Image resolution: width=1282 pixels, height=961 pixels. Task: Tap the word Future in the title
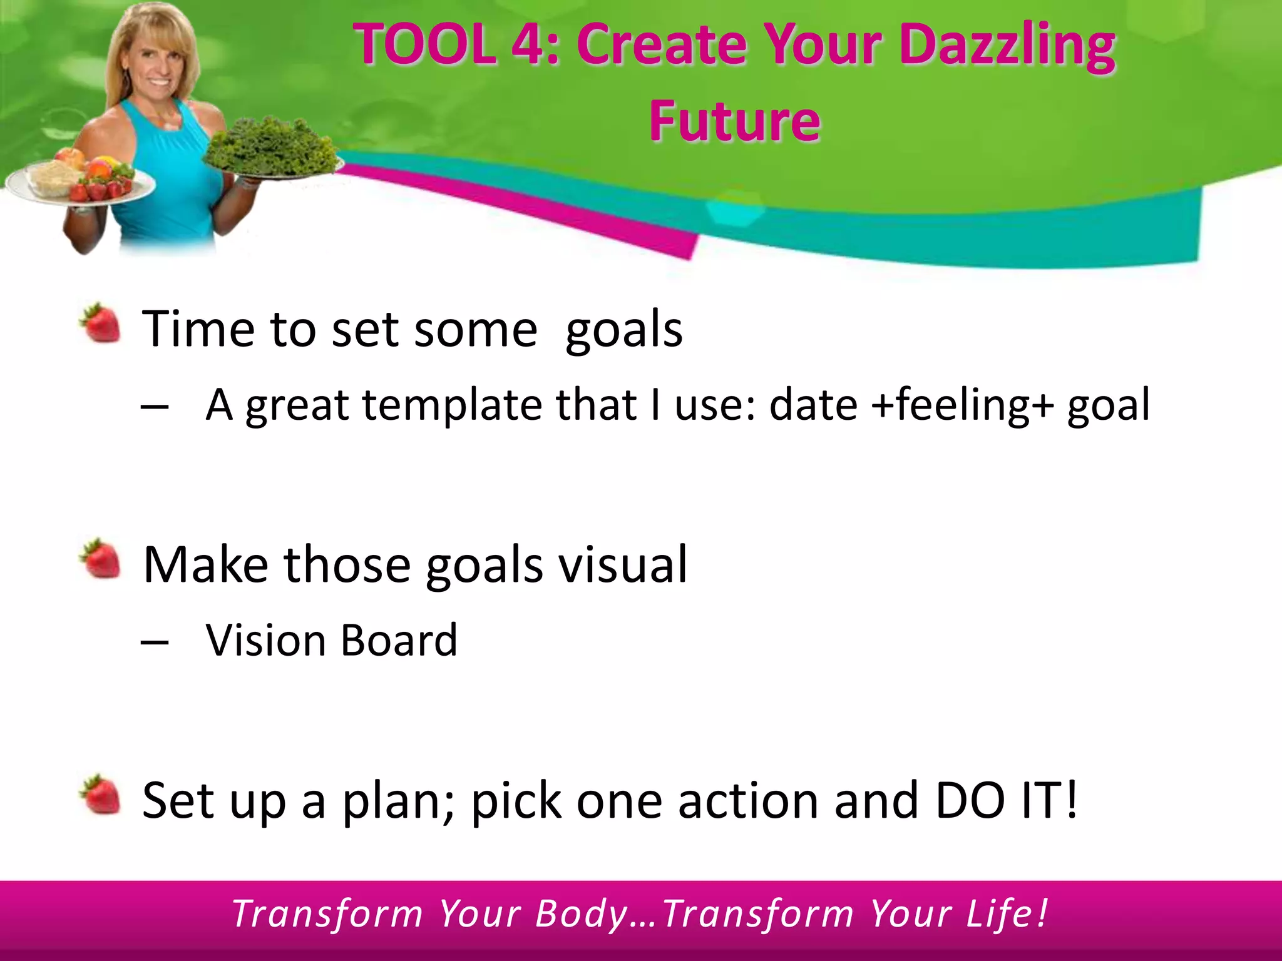pyautogui.click(x=734, y=120)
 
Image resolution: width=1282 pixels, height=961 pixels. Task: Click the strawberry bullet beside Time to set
pyautogui.click(x=101, y=323)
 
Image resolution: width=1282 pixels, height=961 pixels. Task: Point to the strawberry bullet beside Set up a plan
pyautogui.click(x=101, y=795)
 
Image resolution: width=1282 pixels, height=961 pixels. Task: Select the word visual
pyautogui.click(x=622, y=564)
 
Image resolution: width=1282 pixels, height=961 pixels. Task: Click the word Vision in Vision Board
pyautogui.click(x=265, y=641)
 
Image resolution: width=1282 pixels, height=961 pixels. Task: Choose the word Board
pyautogui.click(x=399, y=641)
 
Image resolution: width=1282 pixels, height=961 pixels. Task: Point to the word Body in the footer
pyautogui.click(x=582, y=913)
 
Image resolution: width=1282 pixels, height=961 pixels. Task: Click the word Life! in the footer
pyautogui.click(x=1007, y=913)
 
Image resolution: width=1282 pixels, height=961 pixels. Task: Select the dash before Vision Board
pyautogui.click(x=155, y=642)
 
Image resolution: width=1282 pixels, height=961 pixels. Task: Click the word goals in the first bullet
pyautogui.click(x=623, y=330)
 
